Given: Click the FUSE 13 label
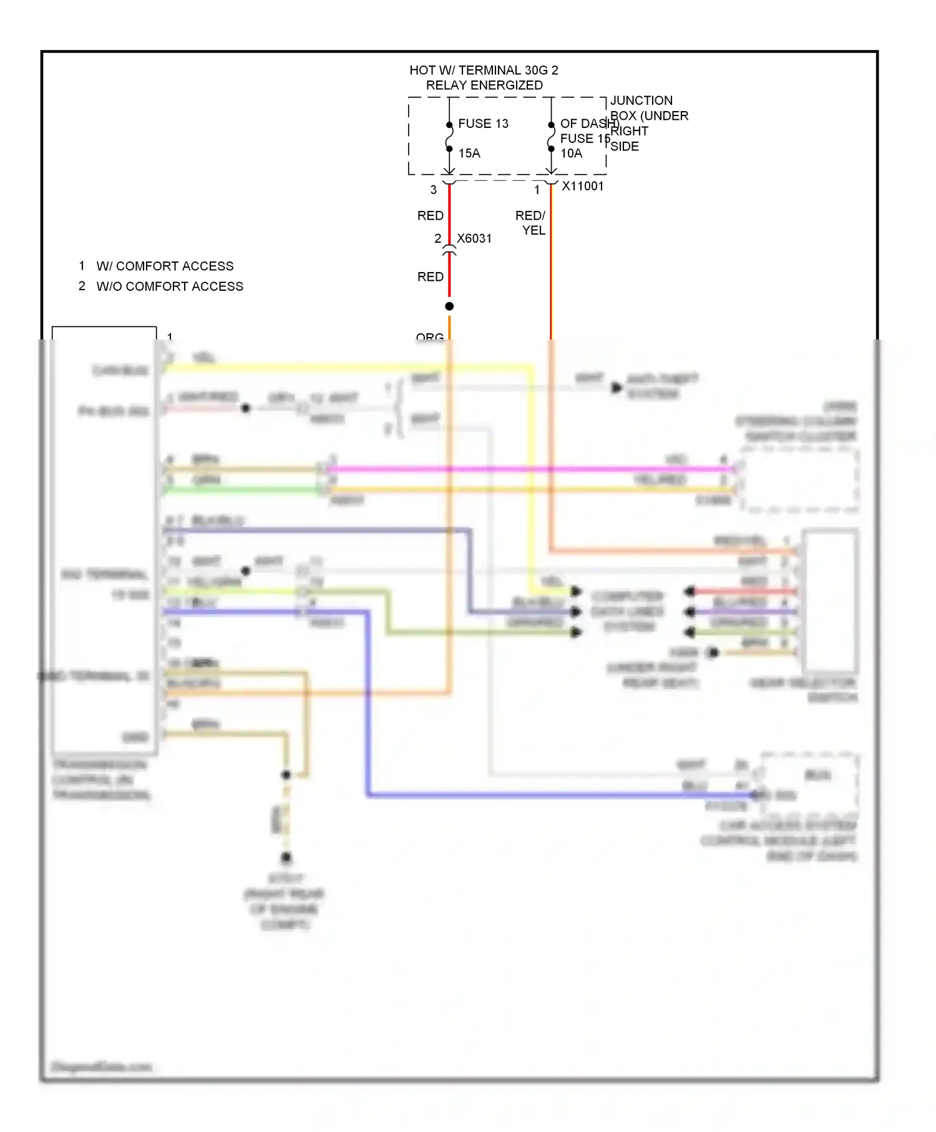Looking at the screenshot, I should pyautogui.click(x=483, y=124).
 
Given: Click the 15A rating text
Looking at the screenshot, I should pyautogui.click(x=469, y=154).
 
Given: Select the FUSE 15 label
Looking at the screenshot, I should pyautogui.click(x=584, y=139).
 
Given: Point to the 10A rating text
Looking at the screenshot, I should pyautogui.click(x=571, y=154).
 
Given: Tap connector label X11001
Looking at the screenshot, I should pyautogui.click(x=583, y=186).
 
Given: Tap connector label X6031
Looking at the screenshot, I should pyautogui.click(x=474, y=238).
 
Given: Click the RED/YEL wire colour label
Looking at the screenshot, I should pyautogui.click(x=531, y=223).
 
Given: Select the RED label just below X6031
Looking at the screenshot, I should pyautogui.click(x=431, y=276).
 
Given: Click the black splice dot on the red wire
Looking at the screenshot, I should pyautogui.click(x=449, y=306).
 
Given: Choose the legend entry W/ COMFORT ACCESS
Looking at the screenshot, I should pyautogui.click(x=165, y=266).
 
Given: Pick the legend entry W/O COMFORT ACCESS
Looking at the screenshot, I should pyautogui.click(x=170, y=286).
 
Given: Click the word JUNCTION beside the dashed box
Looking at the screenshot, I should pyautogui.click(x=641, y=100).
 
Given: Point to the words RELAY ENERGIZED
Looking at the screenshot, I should pyautogui.click(x=484, y=85).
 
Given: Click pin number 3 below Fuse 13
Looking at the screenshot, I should pyautogui.click(x=434, y=190).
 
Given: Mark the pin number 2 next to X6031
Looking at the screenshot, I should pyautogui.click(x=438, y=238).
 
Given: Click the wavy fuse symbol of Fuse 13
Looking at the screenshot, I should pyautogui.click(x=449, y=137).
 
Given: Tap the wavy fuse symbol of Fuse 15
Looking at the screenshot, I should pyautogui.click(x=551, y=137).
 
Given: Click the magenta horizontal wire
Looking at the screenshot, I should pyautogui.click(x=530, y=469).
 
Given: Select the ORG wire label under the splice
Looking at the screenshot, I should pyautogui.click(x=430, y=338).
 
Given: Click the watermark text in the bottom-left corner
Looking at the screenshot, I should pyautogui.click(x=101, y=1066).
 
